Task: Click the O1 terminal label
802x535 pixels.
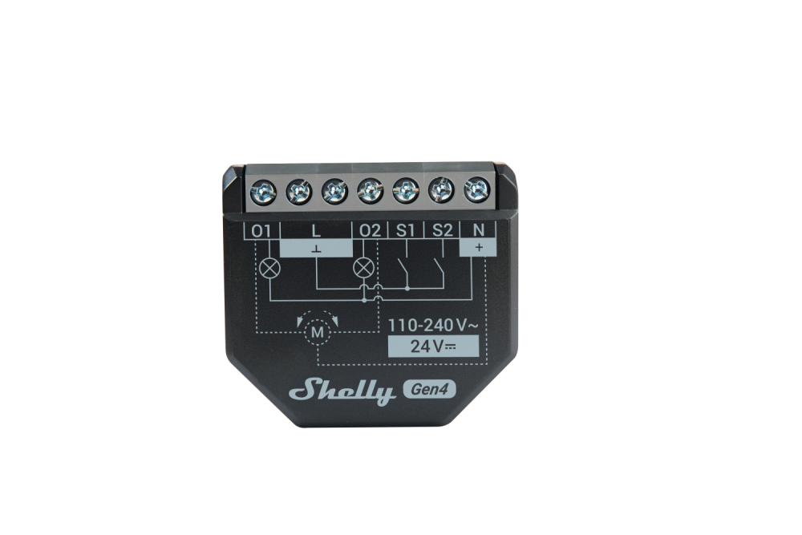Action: (x=261, y=231)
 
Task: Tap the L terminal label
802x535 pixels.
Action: (x=316, y=231)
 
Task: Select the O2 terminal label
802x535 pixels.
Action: (x=370, y=231)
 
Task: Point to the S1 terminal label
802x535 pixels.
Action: (x=406, y=231)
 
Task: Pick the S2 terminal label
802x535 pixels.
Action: (x=443, y=231)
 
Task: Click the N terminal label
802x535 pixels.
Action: (x=478, y=231)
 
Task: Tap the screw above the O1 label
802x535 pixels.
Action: (x=263, y=193)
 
